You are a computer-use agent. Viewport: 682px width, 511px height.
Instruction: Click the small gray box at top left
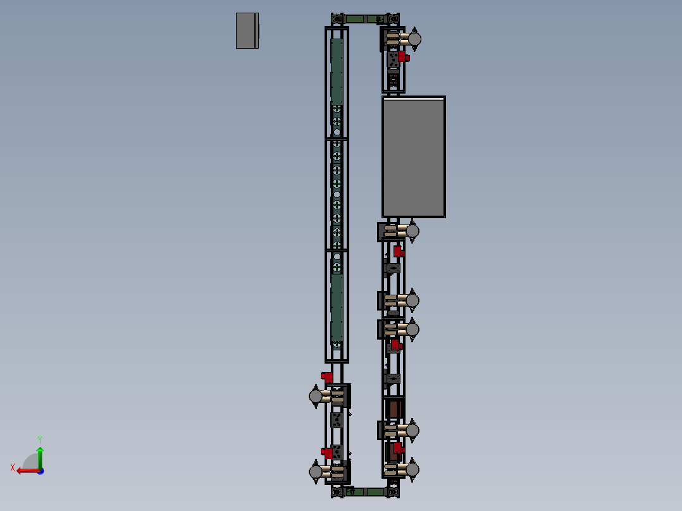247,30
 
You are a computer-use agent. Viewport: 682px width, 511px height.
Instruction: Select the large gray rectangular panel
414,157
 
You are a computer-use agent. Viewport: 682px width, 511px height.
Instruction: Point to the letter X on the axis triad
13,467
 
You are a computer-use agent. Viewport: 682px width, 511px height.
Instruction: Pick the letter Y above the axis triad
39,439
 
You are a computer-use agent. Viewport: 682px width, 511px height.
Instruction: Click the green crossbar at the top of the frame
365,19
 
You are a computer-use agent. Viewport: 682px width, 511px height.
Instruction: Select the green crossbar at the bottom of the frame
365,491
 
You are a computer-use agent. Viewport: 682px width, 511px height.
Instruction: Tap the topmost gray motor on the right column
414,39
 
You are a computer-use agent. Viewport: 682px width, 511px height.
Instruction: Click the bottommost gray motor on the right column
412,469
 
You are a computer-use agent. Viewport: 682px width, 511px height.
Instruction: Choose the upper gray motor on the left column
316,396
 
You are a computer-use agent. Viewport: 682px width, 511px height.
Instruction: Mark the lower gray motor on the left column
316,471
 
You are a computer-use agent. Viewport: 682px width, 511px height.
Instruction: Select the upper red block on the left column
327,377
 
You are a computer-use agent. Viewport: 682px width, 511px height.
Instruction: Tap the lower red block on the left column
327,453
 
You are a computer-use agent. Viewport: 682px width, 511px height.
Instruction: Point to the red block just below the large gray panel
398,251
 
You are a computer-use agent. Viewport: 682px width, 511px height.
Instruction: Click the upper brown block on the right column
394,409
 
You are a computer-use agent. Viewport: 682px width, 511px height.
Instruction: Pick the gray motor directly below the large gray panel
412,231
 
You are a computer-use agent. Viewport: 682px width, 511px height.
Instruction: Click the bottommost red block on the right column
398,448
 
